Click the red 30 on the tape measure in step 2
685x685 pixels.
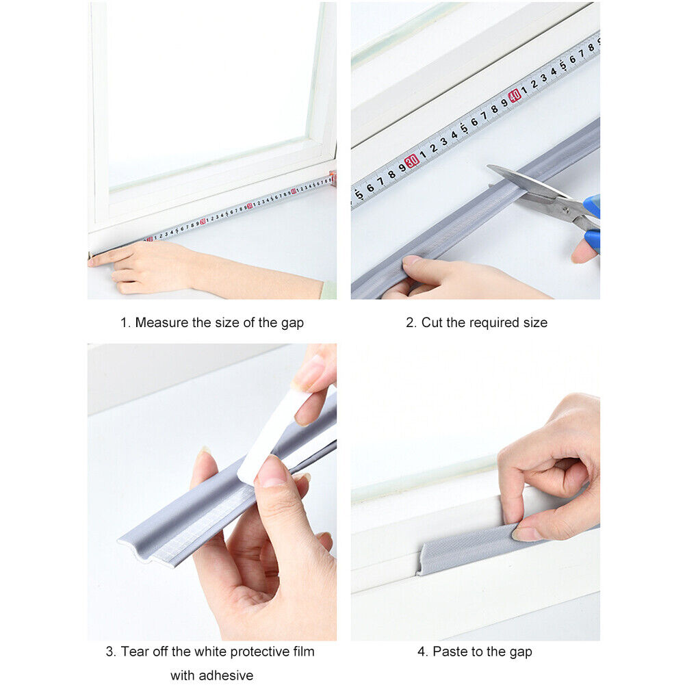(x=411, y=161)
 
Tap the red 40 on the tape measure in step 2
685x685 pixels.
(x=514, y=95)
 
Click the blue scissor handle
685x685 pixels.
(x=593, y=224)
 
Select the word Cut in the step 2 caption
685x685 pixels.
(x=432, y=323)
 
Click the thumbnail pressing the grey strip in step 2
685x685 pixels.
(x=411, y=261)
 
